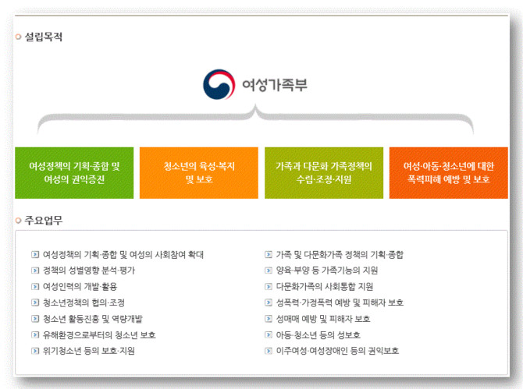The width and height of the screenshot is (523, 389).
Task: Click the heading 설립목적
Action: pyautogui.click(x=44, y=37)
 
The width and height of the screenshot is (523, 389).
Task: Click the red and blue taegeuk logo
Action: pyautogui.click(x=219, y=84)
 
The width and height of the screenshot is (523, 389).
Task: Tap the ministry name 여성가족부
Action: pyautogui.click(x=275, y=85)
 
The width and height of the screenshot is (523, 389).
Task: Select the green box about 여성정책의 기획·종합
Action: pyautogui.click(x=74, y=173)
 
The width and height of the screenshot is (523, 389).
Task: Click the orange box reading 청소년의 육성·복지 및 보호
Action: pyautogui.click(x=199, y=173)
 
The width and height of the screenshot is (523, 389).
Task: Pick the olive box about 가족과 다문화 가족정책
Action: pyautogui.click(x=324, y=173)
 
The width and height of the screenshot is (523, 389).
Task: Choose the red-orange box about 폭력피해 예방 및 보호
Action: pyautogui.click(x=449, y=173)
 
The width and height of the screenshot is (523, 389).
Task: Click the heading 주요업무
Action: pyautogui.click(x=44, y=220)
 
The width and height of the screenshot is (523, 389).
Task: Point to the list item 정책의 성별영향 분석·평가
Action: pyautogui.click(x=89, y=271)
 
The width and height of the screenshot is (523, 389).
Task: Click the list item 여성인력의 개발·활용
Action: pyautogui.click(x=80, y=286)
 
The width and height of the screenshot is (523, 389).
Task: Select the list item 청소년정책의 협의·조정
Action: pyautogui.click(x=84, y=302)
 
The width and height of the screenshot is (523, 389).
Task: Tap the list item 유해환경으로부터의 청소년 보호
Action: pyautogui.click(x=99, y=334)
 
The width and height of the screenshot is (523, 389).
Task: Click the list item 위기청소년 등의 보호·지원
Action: pyautogui.click(x=89, y=351)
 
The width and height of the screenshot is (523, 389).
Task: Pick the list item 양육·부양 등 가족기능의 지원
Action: pyautogui.click(x=327, y=271)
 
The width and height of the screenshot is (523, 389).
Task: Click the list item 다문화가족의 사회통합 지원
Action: pyautogui.click(x=325, y=286)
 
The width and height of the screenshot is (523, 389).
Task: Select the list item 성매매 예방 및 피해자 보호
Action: pyautogui.click(x=323, y=319)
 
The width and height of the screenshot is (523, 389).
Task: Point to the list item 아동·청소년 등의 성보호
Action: pyautogui.click(x=318, y=334)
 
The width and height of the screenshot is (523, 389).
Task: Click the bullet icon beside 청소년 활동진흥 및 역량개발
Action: pyautogui.click(x=35, y=319)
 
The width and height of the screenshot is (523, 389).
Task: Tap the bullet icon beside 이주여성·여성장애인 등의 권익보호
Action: pyautogui.click(x=269, y=351)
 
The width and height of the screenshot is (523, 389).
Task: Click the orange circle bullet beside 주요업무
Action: pyautogui.click(x=19, y=221)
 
